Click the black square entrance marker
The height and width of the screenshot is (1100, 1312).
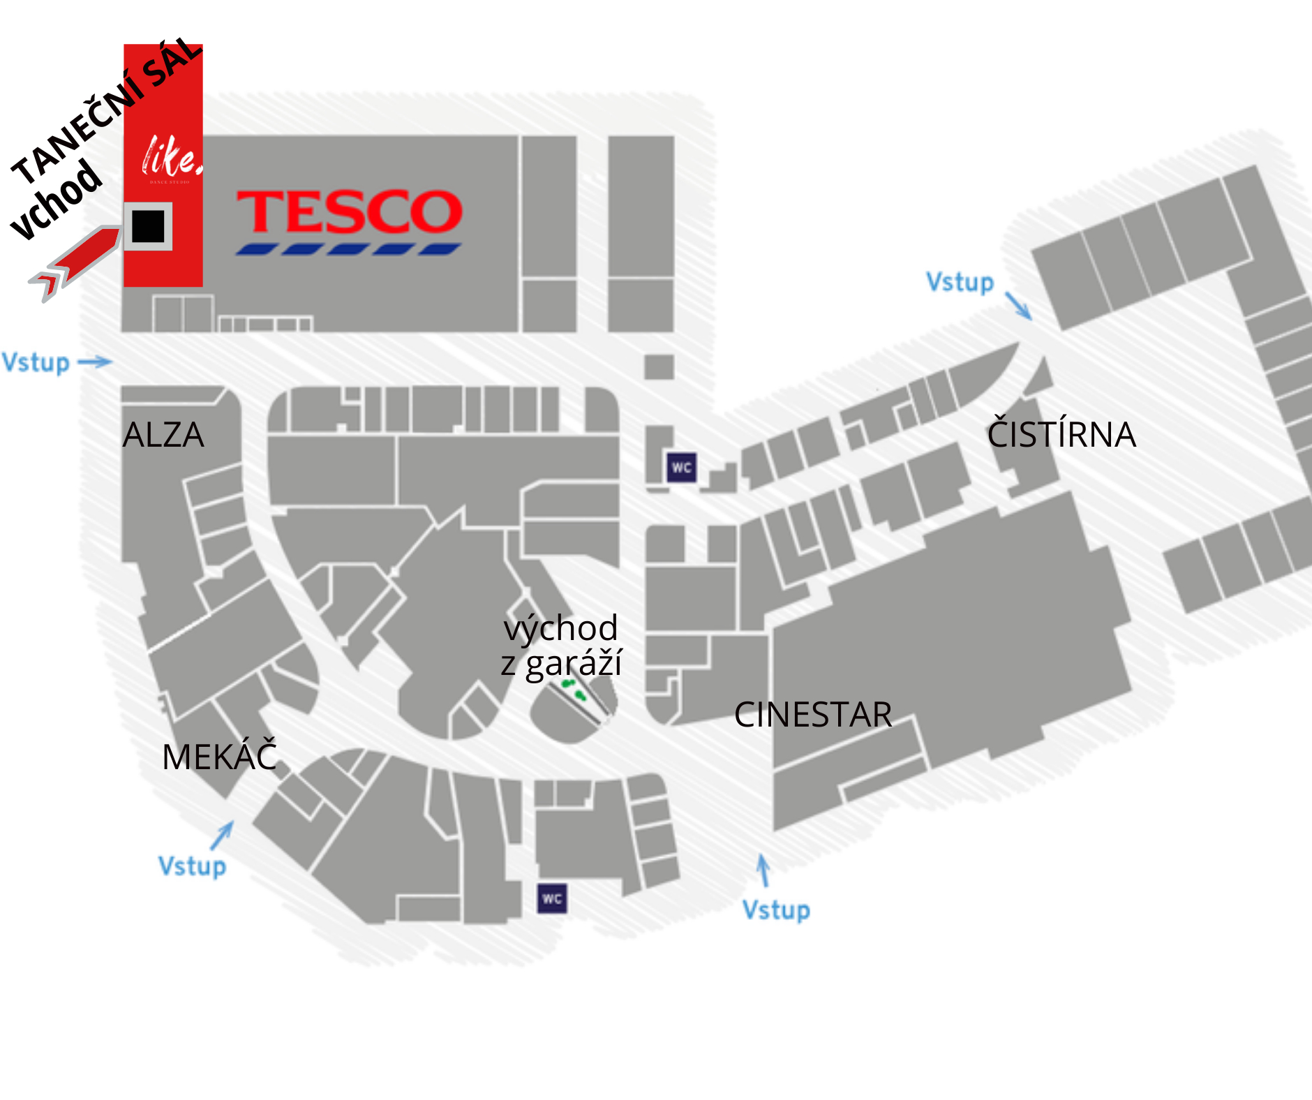click(148, 226)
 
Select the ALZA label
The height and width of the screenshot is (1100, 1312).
click(163, 435)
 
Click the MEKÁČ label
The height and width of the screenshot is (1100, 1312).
click(219, 757)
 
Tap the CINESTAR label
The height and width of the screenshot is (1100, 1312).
click(813, 715)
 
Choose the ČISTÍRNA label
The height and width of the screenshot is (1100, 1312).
click(1061, 434)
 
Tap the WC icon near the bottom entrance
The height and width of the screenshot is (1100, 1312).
click(552, 898)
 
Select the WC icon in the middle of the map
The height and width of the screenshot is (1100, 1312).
click(682, 468)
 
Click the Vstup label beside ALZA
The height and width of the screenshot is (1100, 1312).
click(36, 363)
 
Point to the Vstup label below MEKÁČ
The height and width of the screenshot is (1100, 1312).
click(193, 866)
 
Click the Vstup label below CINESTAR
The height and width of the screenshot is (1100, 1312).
click(776, 910)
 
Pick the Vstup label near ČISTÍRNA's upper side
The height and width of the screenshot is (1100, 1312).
click(960, 282)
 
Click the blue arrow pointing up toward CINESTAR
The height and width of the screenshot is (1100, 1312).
click(764, 870)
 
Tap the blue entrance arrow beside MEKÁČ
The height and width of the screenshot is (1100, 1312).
click(223, 835)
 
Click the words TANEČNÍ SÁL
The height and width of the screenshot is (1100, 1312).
click(105, 112)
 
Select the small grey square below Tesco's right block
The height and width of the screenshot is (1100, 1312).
click(659, 366)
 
